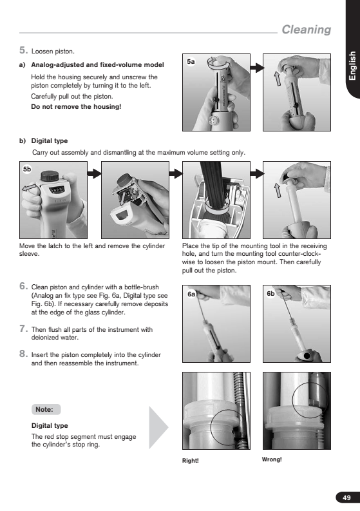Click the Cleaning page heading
pyautogui.click(x=307, y=30)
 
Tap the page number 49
pyautogui.click(x=346, y=497)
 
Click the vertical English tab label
pyautogui.click(x=352, y=66)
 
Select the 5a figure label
pyautogui.click(x=191, y=61)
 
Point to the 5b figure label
pyautogui.click(x=27, y=169)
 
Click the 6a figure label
pyautogui.click(x=191, y=294)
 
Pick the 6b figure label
pyautogui.click(x=270, y=294)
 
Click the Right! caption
pyautogui.click(x=190, y=461)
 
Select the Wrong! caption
pyautogui.click(x=272, y=459)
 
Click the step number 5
pyautogui.click(x=23, y=50)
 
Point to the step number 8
pyautogui.click(x=23, y=354)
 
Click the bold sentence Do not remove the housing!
pyautogui.click(x=76, y=106)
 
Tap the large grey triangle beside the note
pyautogui.click(x=158, y=427)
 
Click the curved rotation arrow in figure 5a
pyautogui.click(x=217, y=64)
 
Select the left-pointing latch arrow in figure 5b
pyautogui.click(x=29, y=188)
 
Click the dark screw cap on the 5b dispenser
pyautogui.click(x=50, y=176)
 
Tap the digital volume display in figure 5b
pyautogui.click(x=57, y=190)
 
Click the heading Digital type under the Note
pyautogui.click(x=50, y=425)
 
